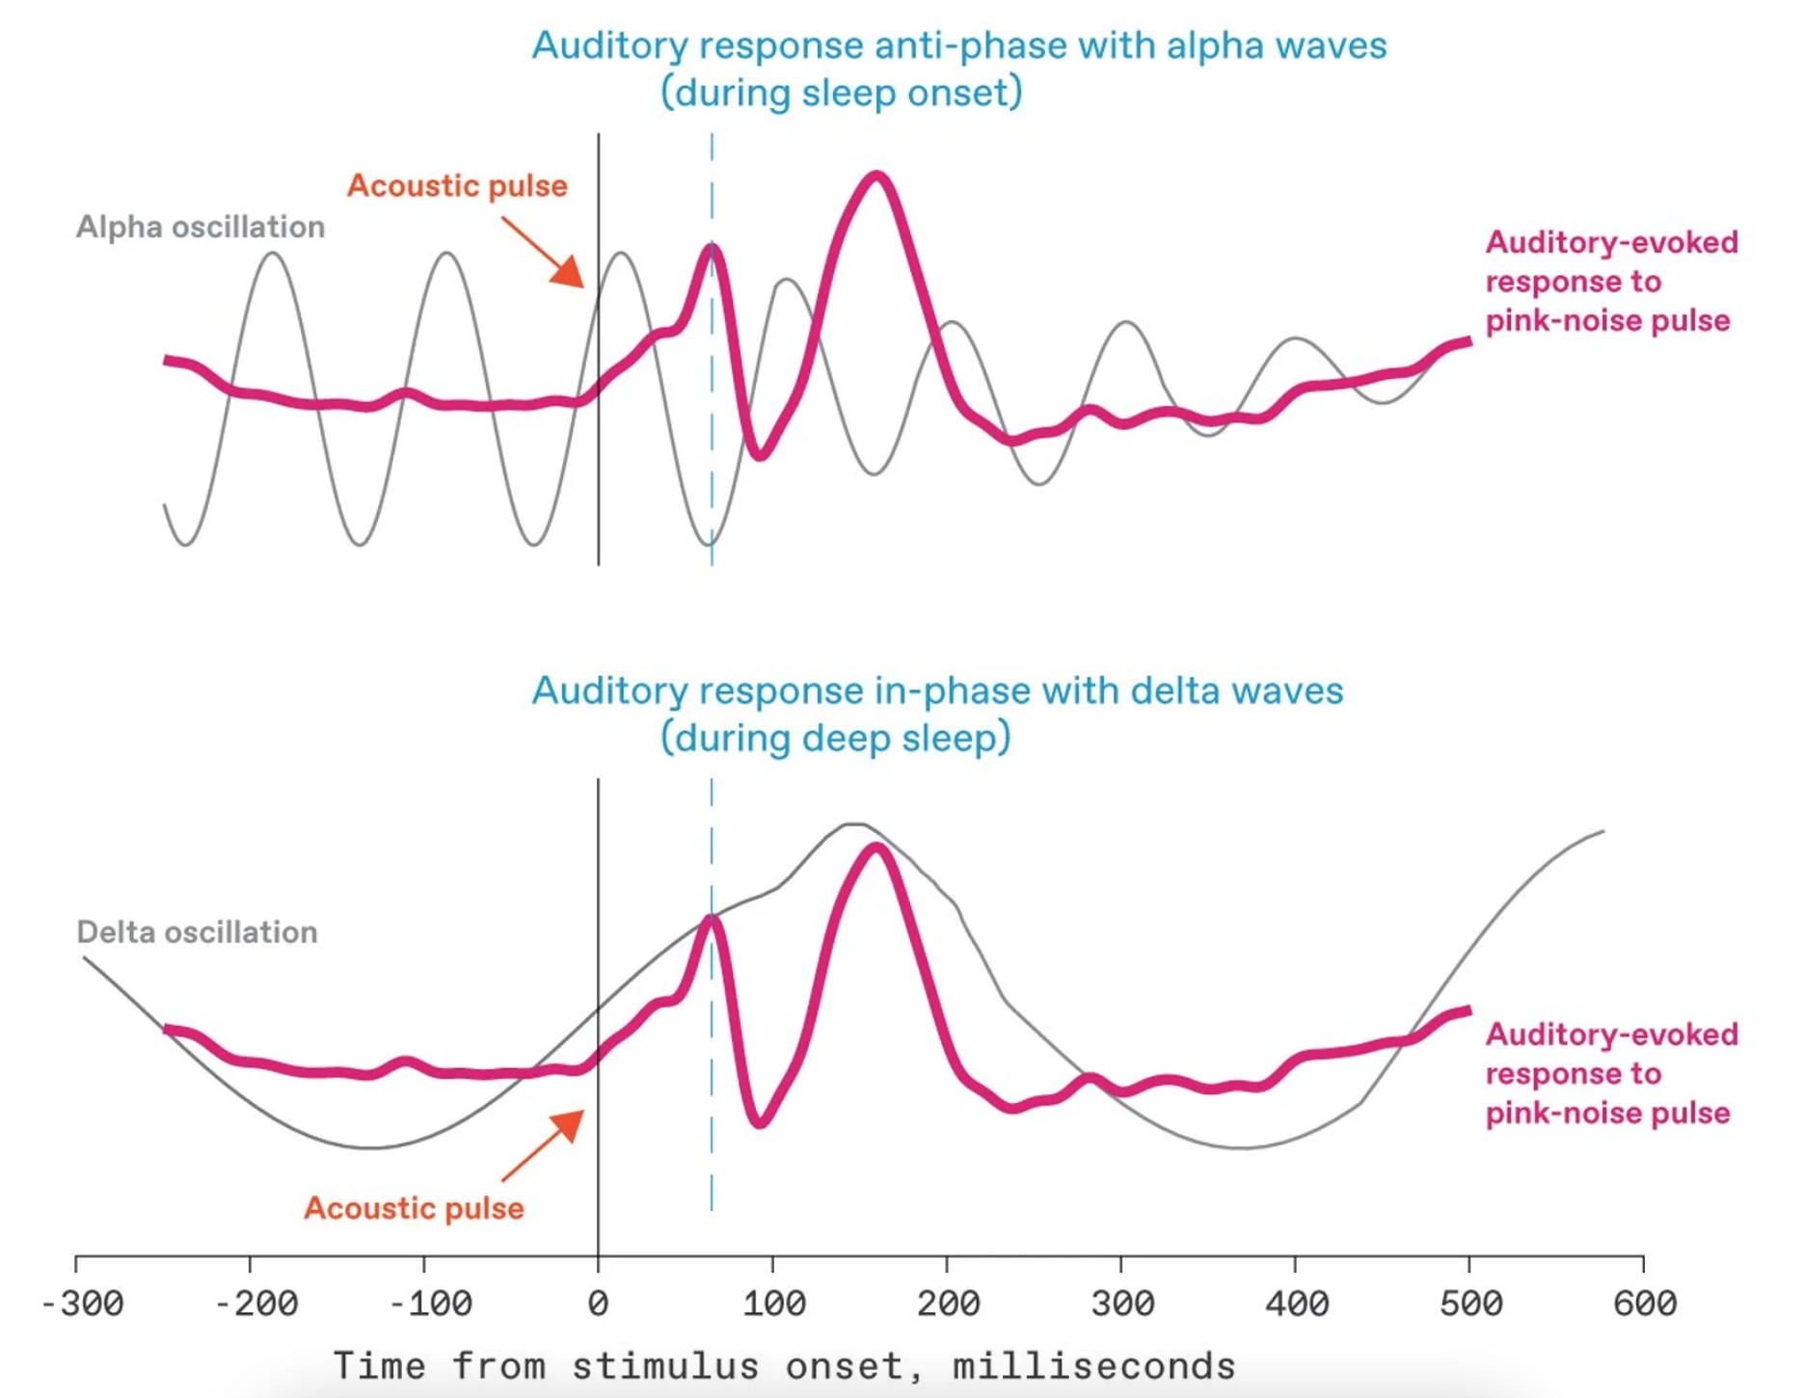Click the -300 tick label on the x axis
point(83,1304)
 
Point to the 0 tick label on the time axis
point(598,1304)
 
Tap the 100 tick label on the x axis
point(773,1304)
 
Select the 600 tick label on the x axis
point(1645,1304)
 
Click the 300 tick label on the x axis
point(1122,1304)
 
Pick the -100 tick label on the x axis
point(430,1304)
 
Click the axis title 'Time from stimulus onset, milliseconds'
point(784,1366)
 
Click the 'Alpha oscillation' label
point(201,228)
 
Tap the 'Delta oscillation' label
point(197,932)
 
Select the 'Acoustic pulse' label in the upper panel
point(457,186)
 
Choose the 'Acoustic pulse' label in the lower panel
point(414,1208)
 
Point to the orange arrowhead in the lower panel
point(570,1124)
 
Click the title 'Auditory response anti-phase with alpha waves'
point(958,45)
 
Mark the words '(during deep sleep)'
point(836,738)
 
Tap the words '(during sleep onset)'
point(841,93)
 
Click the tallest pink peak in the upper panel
point(876,176)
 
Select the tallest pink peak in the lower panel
point(876,847)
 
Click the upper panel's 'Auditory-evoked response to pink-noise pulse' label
point(1610,282)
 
